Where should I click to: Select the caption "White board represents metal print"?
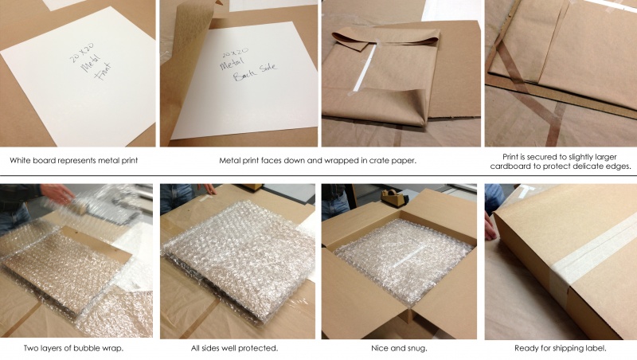[74, 160]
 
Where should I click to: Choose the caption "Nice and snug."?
[401, 349]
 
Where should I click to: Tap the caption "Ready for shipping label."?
[560, 349]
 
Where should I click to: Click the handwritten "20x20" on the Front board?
[80, 57]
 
